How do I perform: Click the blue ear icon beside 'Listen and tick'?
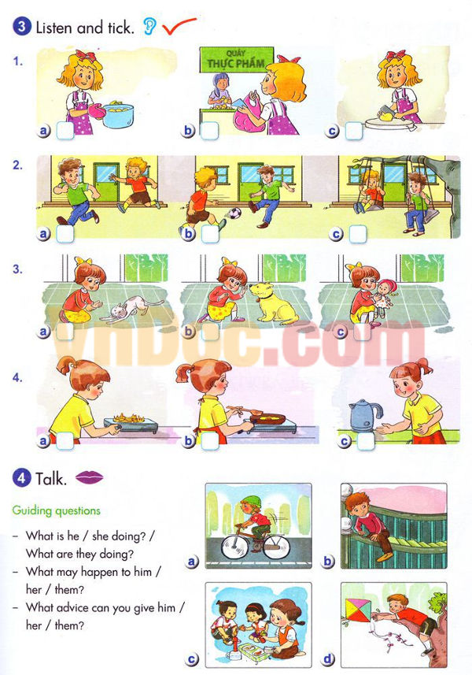(149, 28)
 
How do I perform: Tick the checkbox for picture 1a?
(65, 131)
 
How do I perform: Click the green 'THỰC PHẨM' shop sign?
(235, 58)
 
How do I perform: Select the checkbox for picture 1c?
(354, 131)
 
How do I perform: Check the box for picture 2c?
(358, 233)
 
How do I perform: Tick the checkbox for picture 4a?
(65, 441)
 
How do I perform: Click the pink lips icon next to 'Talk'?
(90, 477)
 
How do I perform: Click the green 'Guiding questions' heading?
(57, 510)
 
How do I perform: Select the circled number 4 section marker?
(21, 477)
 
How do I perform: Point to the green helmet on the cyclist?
(249, 502)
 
